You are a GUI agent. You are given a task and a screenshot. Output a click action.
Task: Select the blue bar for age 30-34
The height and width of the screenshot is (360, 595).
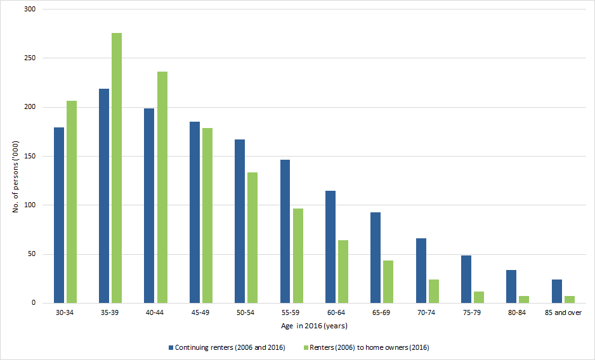[59, 215]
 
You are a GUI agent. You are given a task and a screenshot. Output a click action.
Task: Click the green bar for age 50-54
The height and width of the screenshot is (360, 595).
[252, 238]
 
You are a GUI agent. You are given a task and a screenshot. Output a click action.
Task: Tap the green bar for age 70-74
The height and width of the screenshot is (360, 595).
[434, 291]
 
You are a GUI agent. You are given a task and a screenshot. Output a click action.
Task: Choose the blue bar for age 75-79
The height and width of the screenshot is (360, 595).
[466, 279]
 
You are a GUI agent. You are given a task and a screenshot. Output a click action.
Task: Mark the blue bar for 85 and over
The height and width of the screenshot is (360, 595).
[557, 291]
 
